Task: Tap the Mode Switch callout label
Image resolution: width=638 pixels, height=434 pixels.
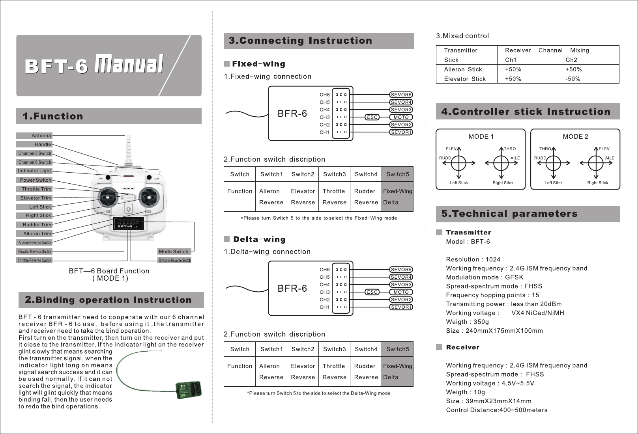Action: coord(174,251)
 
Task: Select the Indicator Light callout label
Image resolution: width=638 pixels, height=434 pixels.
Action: coord(34,171)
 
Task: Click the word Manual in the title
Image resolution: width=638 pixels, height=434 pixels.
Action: coord(130,65)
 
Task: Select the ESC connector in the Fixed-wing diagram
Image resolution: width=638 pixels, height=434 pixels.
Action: coord(372,117)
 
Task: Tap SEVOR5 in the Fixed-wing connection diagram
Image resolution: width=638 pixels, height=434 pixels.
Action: coord(401,95)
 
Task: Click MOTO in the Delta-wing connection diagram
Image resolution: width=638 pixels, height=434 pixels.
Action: coord(401,292)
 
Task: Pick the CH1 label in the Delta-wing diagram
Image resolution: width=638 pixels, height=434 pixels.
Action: coord(325,307)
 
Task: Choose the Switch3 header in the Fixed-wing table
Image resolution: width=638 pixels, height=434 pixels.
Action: coord(334,174)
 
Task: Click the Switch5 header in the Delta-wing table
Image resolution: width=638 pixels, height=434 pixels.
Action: coord(397,349)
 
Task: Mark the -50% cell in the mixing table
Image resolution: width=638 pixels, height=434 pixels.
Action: coord(573,79)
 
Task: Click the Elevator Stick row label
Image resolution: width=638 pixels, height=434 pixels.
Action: coord(465,79)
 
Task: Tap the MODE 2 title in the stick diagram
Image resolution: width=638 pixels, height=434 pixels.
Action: coord(575,137)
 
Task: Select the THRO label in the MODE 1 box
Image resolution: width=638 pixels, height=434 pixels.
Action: coord(510,149)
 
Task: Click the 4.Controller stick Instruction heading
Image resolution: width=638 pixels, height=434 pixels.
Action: coord(526,112)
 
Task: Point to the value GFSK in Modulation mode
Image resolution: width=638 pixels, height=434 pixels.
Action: coord(514,278)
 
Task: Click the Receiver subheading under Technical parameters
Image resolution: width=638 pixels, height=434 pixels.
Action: coord(463,347)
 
